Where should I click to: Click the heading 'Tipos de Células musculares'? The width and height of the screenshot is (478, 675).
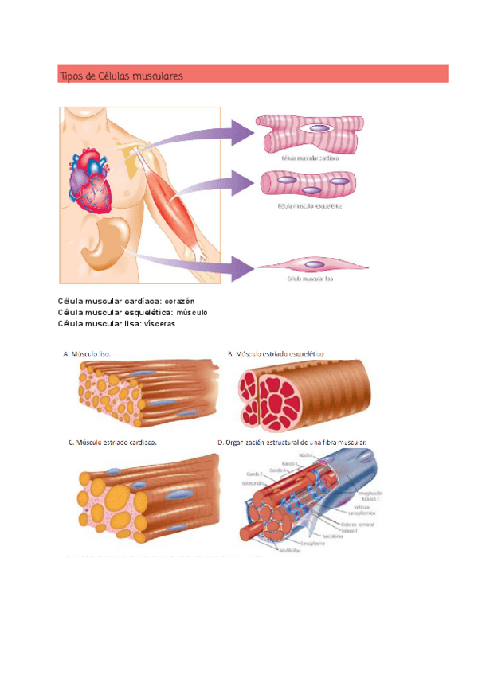click(121, 76)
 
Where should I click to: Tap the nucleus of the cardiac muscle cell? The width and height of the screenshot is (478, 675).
click(319, 127)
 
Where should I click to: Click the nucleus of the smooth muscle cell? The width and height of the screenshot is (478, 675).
click(315, 264)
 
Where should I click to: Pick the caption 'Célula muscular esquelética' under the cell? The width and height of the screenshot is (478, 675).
click(309, 205)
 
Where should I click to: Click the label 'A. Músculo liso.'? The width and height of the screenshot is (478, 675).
click(87, 353)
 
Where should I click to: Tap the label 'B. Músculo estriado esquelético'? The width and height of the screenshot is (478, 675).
click(276, 353)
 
